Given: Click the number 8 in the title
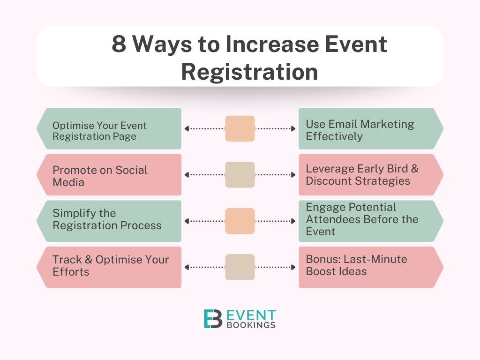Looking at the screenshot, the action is click(x=119, y=44).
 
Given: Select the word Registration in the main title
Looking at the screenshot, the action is click(x=249, y=72).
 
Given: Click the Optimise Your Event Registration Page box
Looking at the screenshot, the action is click(x=109, y=128).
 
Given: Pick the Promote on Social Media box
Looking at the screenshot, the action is click(x=109, y=175).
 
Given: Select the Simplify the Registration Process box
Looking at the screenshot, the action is click(x=109, y=221).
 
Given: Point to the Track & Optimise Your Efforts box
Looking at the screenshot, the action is click(x=109, y=267).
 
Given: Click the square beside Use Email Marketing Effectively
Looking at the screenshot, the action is click(x=240, y=128).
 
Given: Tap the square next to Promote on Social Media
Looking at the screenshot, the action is click(x=240, y=175).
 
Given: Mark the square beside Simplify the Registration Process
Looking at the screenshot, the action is click(x=240, y=221).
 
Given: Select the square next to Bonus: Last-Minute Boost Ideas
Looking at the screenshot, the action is click(x=240, y=267).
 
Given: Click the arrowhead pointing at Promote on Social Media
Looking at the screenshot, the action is click(x=187, y=175).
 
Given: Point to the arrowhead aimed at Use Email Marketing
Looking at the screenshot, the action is click(x=293, y=128).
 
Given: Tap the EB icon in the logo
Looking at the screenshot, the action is click(x=213, y=319).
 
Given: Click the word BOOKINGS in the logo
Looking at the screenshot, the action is click(x=251, y=325).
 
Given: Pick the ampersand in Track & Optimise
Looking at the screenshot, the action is click(x=89, y=260).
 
